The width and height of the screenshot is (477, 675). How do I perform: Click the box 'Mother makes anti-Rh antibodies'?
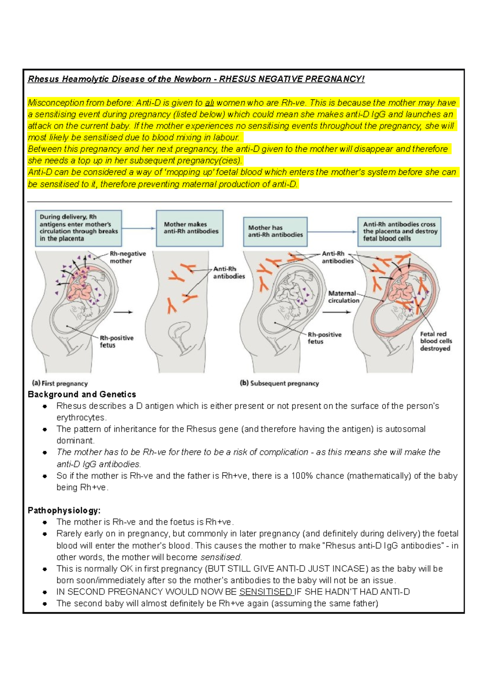click(x=190, y=228)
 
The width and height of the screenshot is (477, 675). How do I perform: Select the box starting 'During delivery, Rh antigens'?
click(x=78, y=228)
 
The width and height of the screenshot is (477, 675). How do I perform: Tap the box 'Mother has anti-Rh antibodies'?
click(x=275, y=231)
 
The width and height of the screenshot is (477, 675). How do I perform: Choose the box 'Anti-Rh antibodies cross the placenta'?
click(x=399, y=231)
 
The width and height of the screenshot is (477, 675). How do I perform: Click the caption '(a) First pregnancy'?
click(x=60, y=384)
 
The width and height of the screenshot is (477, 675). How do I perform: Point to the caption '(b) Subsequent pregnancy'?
click(x=279, y=384)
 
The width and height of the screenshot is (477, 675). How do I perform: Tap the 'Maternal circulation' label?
click(x=343, y=297)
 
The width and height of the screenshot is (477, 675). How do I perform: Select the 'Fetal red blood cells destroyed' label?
click(x=436, y=341)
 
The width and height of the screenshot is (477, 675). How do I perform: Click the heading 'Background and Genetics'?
click(x=82, y=394)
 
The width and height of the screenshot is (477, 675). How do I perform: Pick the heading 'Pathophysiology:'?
click(x=64, y=510)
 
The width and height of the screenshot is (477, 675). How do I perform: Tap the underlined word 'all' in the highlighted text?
click(x=209, y=103)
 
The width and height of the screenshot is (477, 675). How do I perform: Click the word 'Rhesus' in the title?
click(x=43, y=79)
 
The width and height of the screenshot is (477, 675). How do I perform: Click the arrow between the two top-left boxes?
click(x=139, y=228)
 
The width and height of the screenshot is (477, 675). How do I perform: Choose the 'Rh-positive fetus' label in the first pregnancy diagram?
click(x=116, y=341)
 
